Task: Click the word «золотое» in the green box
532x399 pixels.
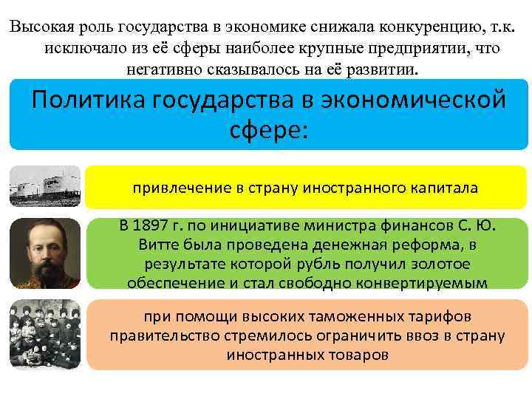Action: click(422, 264)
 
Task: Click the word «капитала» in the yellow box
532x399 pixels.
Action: click(444, 188)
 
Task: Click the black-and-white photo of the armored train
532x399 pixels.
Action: click(44, 185)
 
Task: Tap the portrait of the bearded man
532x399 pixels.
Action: click(44, 252)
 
